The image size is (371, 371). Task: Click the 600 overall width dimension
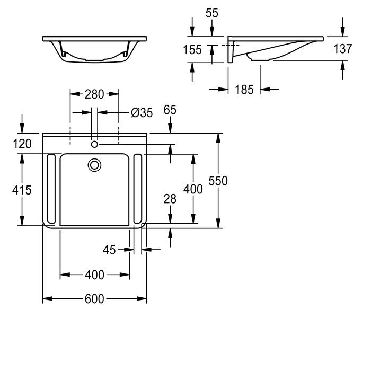point(94,299)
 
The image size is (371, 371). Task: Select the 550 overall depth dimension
point(218,181)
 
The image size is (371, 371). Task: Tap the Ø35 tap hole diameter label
point(142,113)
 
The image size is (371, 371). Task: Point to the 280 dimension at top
point(94,94)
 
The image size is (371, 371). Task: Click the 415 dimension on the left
point(22,190)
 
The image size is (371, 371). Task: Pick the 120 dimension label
point(22,144)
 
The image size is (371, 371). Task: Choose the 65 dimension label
point(170,110)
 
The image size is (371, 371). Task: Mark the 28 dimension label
point(170,199)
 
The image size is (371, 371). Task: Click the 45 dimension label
point(109,250)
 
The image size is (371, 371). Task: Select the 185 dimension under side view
point(244,90)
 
